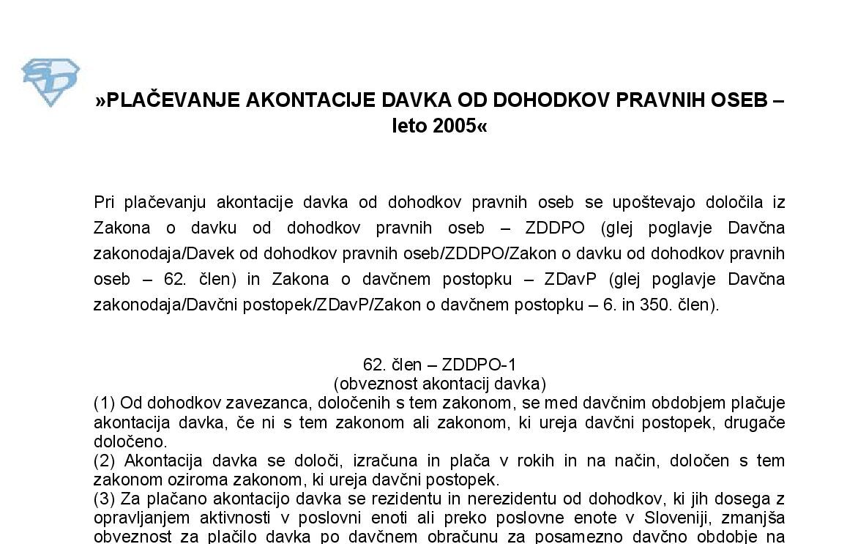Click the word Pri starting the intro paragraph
pos(105,201)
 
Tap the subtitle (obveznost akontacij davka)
pos(439,383)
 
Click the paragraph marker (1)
pos(104,402)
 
